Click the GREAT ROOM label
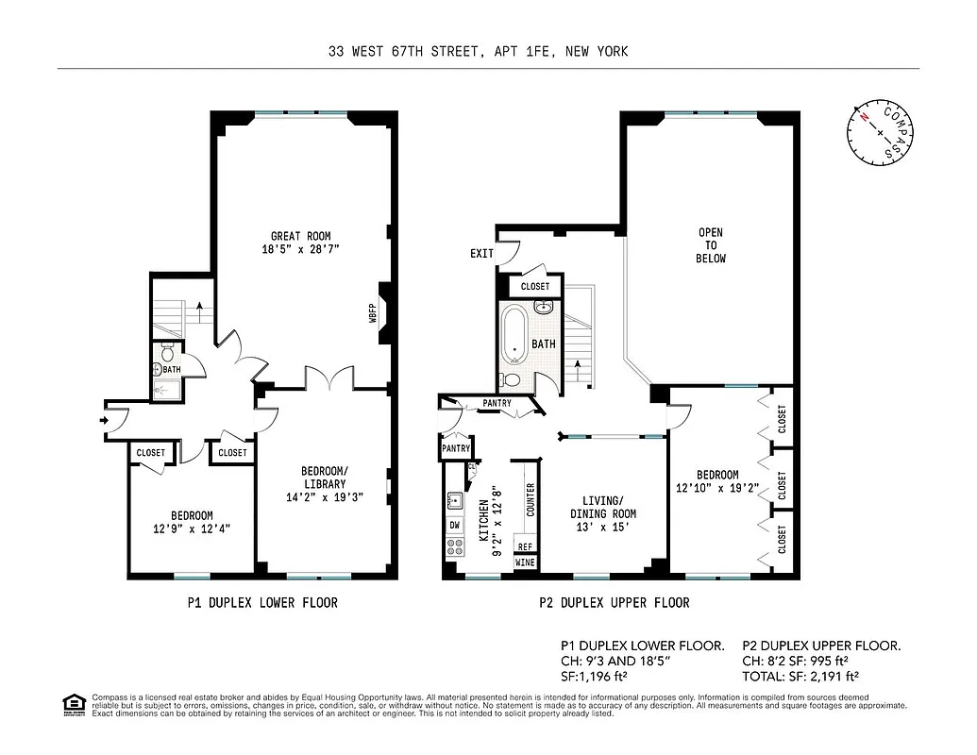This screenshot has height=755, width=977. pyautogui.click(x=300, y=236)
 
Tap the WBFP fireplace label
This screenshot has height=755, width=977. pyautogui.click(x=373, y=313)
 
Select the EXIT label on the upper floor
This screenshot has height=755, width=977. pyautogui.click(x=481, y=254)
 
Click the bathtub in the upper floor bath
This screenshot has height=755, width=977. pyautogui.click(x=515, y=333)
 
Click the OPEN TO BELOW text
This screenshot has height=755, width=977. pyautogui.click(x=711, y=245)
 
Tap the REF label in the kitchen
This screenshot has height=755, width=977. pyautogui.click(x=525, y=546)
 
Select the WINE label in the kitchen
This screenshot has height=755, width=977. pyautogui.click(x=525, y=562)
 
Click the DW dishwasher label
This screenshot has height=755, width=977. pyautogui.click(x=455, y=524)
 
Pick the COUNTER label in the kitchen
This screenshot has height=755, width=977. pyautogui.click(x=531, y=500)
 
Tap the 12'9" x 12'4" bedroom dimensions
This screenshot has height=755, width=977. pyautogui.click(x=192, y=528)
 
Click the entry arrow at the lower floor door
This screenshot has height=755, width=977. pyautogui.click(x=101, y=421)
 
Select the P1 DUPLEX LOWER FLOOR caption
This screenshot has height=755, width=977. pyautogui.click(x=261, y=602)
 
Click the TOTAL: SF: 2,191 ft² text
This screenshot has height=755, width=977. pyautogui.click(x=800, y=676)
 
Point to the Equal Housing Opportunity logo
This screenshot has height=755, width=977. pyautogui.click(x=72, y=704)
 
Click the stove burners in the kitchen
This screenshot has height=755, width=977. pyautogui.click(x=454, y=545)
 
